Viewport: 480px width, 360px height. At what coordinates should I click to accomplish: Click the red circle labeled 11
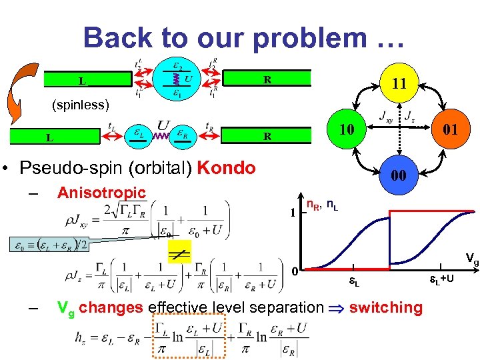pos(399,83)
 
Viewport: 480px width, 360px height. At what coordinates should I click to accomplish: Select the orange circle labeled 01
pos(449,129)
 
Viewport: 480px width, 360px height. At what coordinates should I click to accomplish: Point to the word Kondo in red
pos(226,167)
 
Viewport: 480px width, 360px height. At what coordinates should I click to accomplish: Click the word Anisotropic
pos(101,193)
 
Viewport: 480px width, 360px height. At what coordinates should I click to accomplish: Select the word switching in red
pos(385,307)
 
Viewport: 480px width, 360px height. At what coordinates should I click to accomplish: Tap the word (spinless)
pos(79,105)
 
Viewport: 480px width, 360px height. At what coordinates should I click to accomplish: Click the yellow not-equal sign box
pos(181,252)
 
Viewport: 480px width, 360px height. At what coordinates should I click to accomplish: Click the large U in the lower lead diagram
pos(163,125)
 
